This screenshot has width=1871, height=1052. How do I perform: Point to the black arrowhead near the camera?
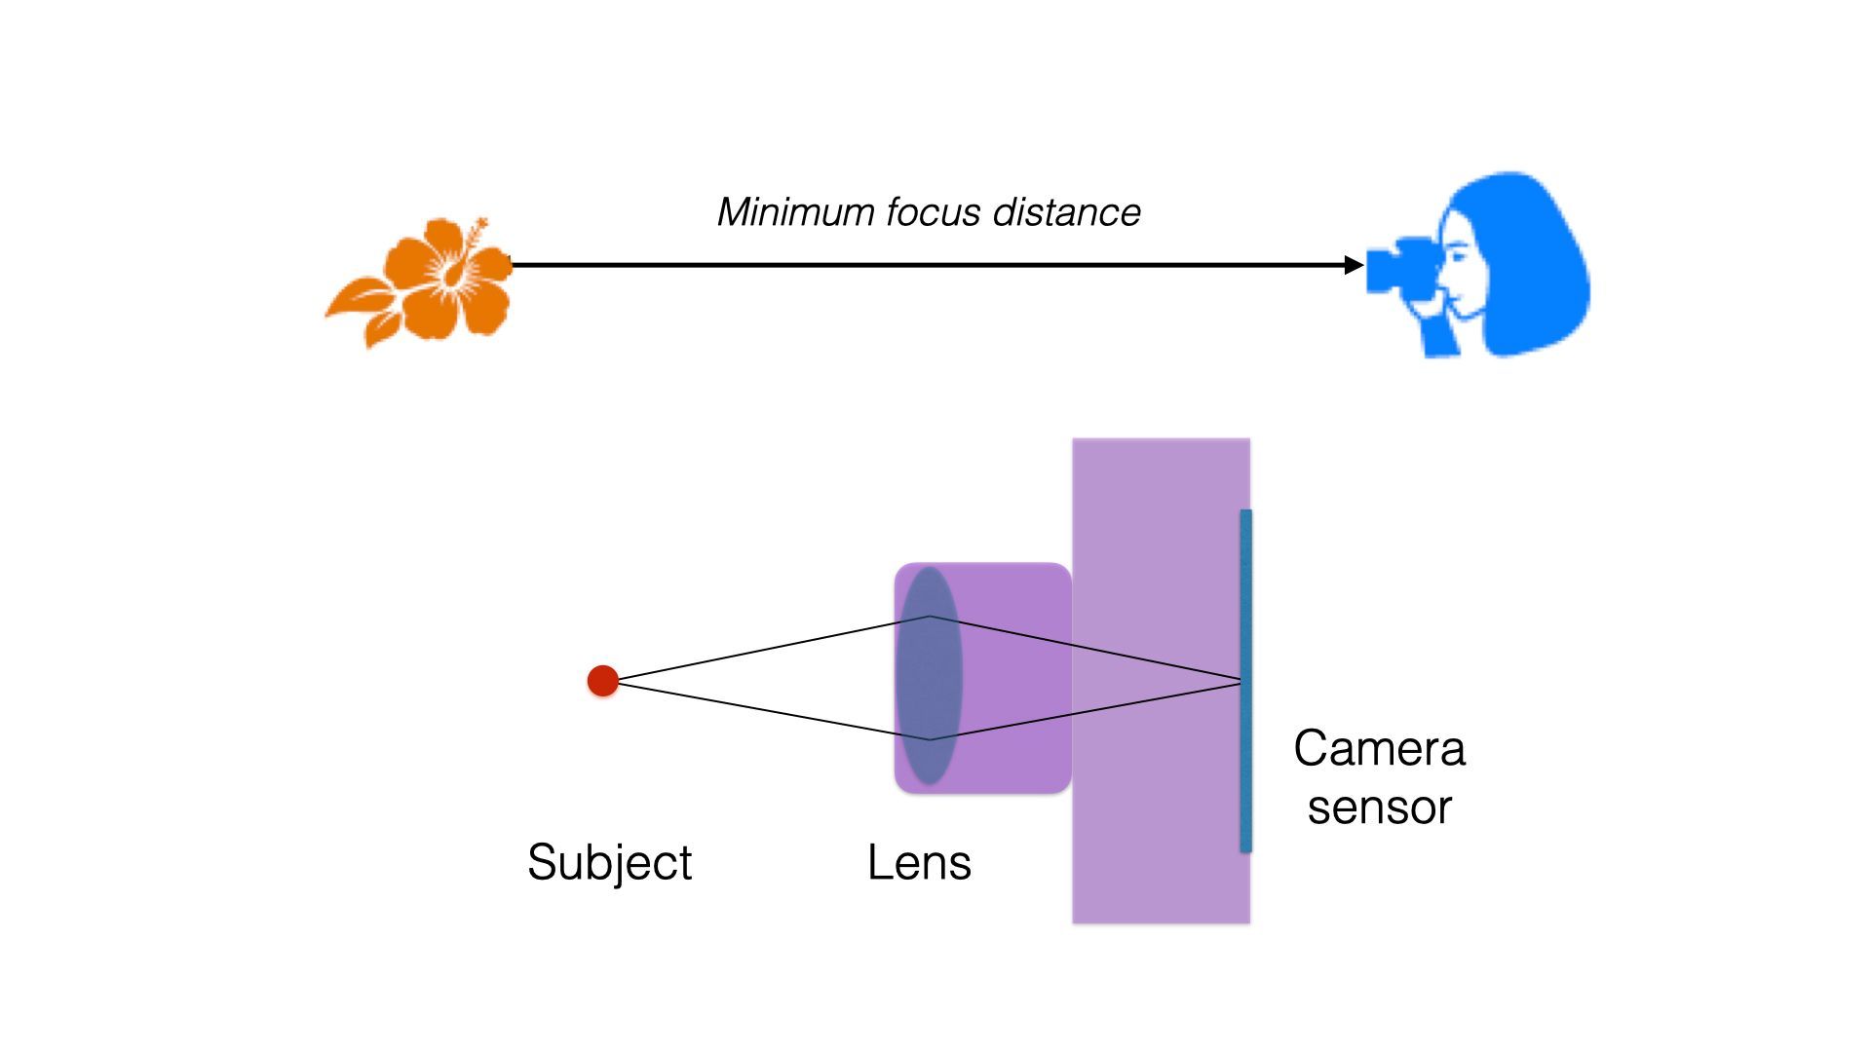(x=1354, y=265)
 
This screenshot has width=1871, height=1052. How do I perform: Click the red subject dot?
(x=603, y=681)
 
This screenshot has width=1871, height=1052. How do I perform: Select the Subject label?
(x=609, y=862)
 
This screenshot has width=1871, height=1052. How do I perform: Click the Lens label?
(x=919, y=862)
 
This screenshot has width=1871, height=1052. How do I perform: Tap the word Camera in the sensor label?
(x=1379, y=749)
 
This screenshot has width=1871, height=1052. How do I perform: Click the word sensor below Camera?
(x=1379, y=808)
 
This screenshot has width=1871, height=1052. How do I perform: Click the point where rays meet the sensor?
(x=1241, y=681)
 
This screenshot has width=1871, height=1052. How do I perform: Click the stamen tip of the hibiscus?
(x=479, y=225)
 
